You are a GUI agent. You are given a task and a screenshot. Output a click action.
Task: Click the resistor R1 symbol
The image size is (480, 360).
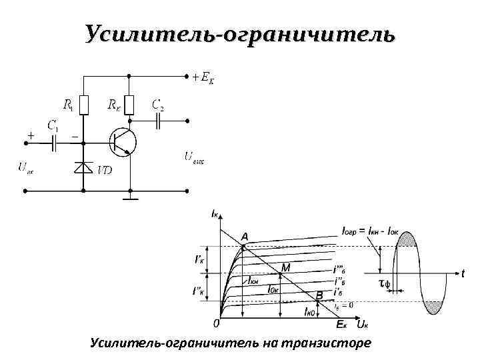[x=83, y=104]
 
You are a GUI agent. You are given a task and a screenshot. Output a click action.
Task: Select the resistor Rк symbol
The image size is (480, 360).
[x=130, y=104]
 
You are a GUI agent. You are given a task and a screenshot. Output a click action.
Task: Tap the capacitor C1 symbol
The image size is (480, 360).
[x=55, y=141]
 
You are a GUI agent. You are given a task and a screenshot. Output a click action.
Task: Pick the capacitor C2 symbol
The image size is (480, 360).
[x=159, y=121]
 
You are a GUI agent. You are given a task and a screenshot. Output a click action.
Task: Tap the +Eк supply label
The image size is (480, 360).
[x=203, y=77]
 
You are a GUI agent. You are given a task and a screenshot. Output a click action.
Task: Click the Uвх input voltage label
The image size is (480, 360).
[x=25, y=167]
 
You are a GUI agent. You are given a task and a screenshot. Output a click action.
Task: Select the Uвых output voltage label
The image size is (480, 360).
[x=195, y=158]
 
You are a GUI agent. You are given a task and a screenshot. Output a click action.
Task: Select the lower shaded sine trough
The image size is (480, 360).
[x=433, y=307]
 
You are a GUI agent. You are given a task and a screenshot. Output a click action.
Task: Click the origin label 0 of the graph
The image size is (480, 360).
[x=215, y=324]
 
